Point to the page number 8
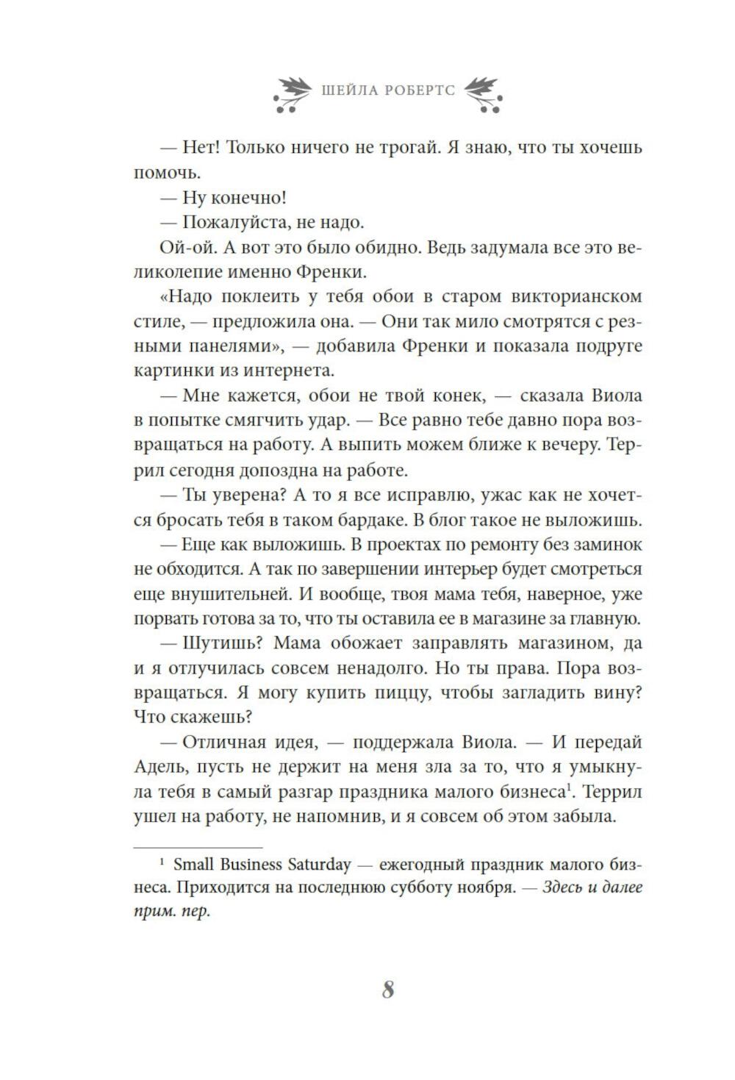(388, 990)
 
